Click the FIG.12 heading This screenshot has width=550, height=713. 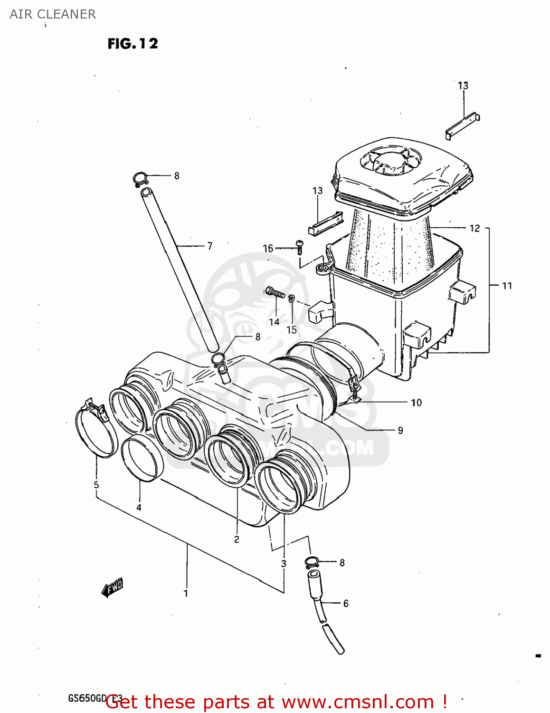[133, 44]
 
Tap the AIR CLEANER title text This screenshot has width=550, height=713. [53, 14]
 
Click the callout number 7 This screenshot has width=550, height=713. [209, 246]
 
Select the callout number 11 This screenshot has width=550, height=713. [507, 286]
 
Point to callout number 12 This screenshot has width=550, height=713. [474, 228]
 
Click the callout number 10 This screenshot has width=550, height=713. [416, 403]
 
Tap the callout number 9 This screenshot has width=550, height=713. [400, 430]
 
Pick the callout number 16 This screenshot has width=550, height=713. [268, 248]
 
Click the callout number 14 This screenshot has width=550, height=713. [274, 322]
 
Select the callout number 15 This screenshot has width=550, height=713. [291, 329]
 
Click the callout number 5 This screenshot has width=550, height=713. [96, 485]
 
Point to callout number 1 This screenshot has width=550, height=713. [186, 593]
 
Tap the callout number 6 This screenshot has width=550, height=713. [346, 603]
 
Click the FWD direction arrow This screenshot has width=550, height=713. [113, 588]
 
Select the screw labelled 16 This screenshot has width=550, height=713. [299, 245]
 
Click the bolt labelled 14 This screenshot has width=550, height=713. [275, 292]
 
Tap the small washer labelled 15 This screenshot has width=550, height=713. [292, 299]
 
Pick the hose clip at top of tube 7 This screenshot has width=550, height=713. [140, 179]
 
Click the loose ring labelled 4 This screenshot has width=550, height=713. [142, 457]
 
